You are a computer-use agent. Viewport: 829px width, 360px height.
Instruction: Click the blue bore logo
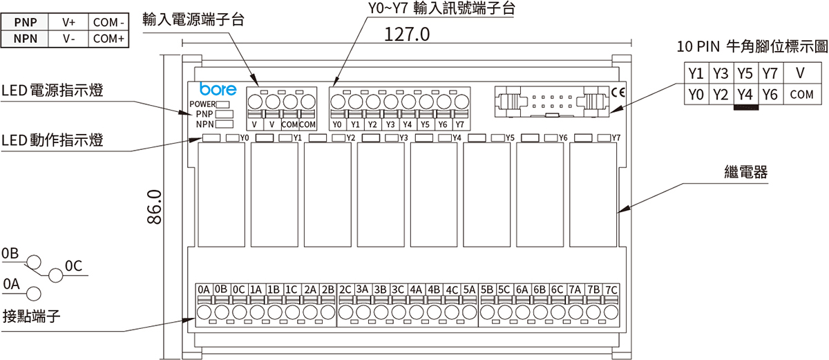(218, 90)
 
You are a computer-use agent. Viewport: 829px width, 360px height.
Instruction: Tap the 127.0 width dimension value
(408, 35)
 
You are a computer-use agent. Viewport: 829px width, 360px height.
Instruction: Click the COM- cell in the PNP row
(108, 22)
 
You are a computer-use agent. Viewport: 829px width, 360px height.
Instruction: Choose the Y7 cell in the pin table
(769, 73)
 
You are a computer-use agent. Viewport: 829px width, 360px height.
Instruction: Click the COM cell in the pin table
(801, 95)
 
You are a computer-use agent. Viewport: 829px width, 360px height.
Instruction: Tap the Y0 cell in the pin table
(696, 95)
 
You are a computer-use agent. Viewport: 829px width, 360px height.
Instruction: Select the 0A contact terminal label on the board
(203, 289)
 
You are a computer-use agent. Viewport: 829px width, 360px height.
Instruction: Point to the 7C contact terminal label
(611, 289)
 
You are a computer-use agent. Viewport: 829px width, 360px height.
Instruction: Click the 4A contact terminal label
(416, 289)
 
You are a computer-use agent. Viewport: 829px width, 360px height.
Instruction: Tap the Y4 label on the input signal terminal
(408, 125)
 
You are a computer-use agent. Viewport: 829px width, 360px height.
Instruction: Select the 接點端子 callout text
(32, 316)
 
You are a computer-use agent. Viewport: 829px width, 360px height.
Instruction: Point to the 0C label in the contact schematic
(73, 265)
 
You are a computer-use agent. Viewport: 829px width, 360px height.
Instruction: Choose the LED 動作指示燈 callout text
(53, 140)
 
